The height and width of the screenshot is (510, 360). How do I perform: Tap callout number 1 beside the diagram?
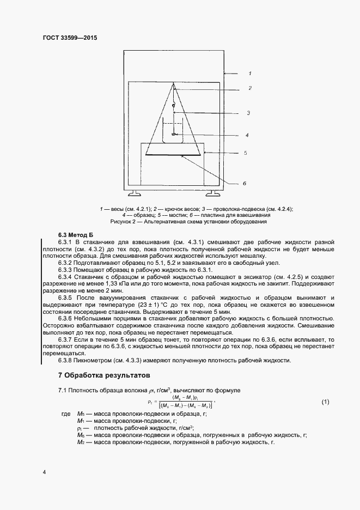pos(249,72)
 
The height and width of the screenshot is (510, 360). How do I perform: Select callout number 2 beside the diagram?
pos(249,88)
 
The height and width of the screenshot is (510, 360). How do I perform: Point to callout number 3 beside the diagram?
pos(248,113)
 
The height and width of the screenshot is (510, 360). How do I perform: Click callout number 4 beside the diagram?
pos(247,135)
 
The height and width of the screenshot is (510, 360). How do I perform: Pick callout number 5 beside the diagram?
pos(245,153)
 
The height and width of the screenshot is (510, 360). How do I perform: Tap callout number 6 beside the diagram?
pos(245,184)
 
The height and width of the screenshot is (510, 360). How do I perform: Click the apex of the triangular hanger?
pos(173,84)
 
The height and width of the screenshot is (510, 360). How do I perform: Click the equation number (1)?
pos(325,402)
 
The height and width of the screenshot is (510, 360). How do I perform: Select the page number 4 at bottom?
pos(44,472)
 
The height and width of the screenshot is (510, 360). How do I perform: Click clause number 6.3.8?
pos(66,360)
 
